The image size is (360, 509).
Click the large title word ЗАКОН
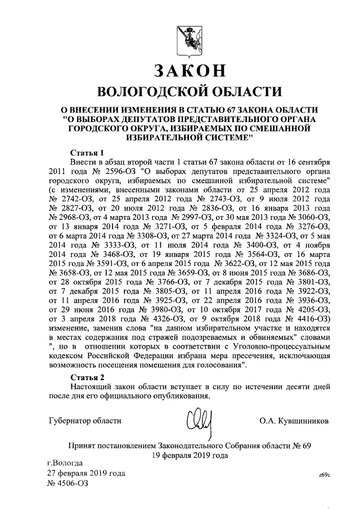coord(190,70)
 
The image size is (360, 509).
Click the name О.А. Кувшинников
coord(295,420)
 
